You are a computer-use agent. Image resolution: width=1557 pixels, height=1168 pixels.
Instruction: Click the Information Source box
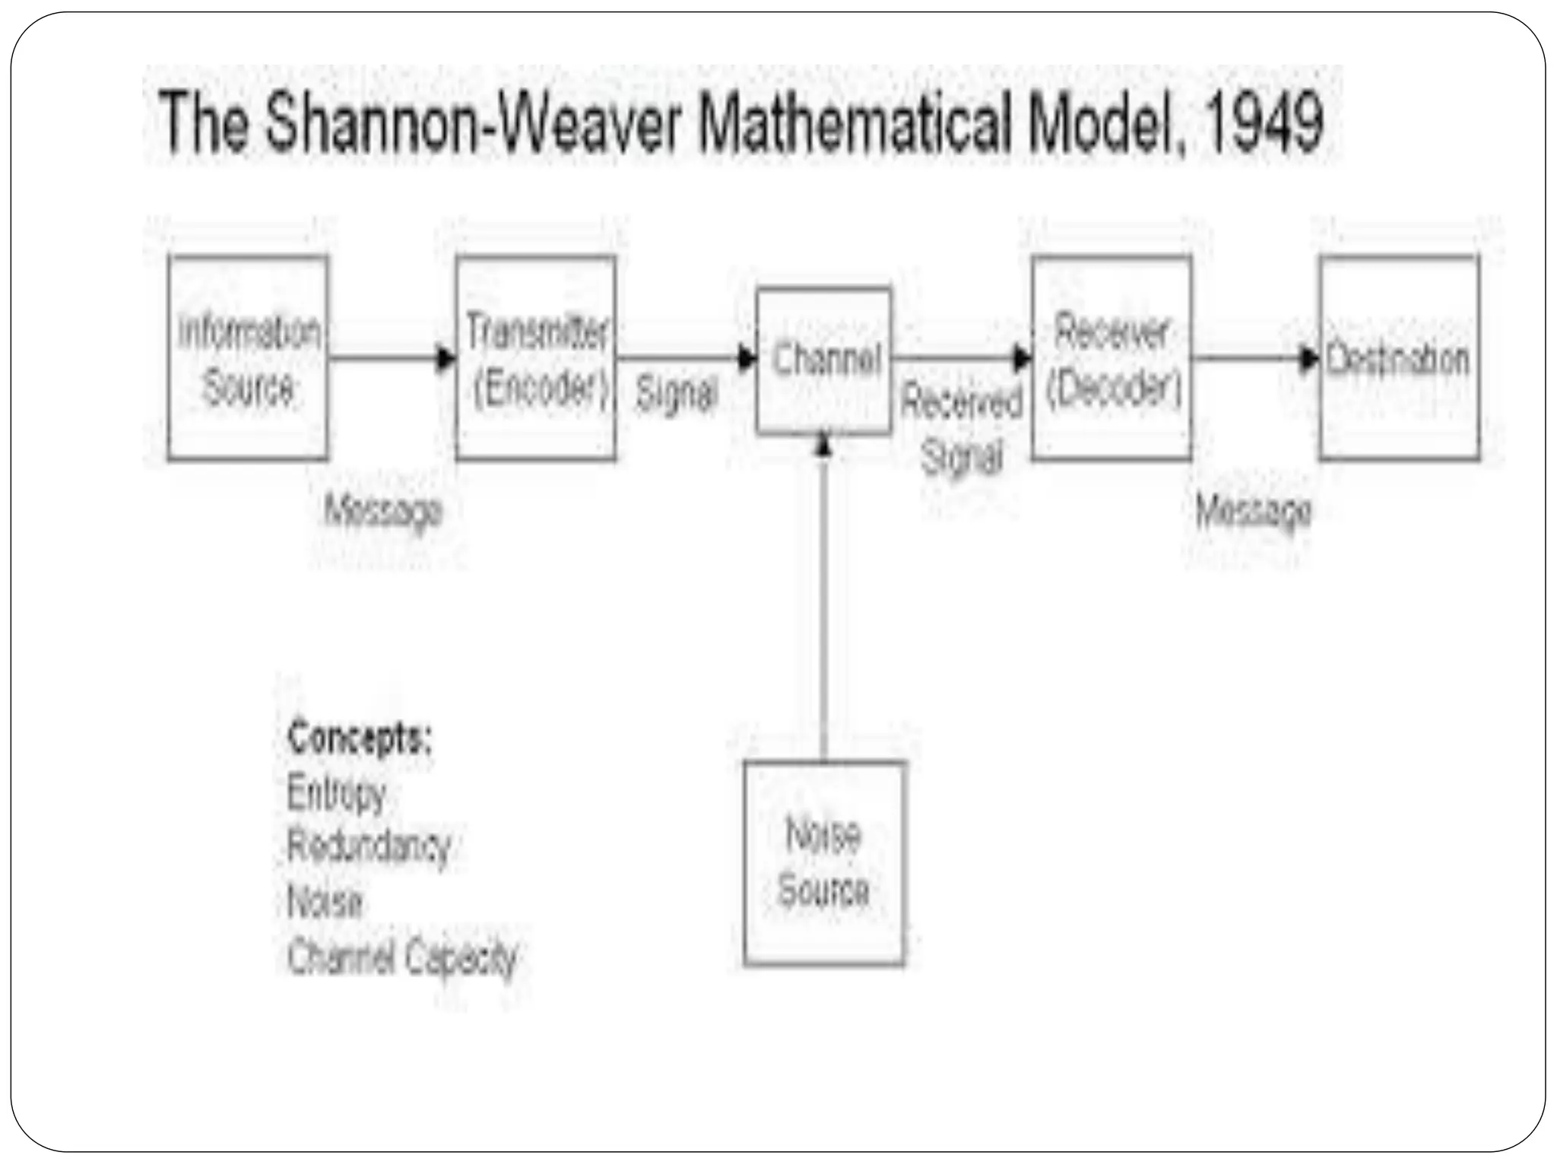248,358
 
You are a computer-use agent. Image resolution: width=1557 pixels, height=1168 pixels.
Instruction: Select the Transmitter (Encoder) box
536,358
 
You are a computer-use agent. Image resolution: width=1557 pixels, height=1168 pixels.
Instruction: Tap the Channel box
824,360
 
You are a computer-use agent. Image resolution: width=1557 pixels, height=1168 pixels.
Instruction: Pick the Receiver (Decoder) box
1111,358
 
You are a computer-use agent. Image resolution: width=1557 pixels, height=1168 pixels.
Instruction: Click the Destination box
1399,358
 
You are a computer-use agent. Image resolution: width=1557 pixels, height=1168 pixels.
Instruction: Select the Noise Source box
824,863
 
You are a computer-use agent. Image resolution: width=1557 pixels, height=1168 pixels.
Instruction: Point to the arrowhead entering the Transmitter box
446,358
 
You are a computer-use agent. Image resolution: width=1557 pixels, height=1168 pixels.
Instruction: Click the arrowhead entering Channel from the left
747,358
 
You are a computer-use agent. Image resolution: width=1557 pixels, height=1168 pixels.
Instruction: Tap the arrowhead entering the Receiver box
1023,358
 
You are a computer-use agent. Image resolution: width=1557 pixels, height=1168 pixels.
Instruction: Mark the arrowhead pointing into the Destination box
1309,358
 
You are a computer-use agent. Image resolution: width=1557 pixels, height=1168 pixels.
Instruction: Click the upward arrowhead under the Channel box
824,445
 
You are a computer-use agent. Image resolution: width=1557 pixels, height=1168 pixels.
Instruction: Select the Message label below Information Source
383,509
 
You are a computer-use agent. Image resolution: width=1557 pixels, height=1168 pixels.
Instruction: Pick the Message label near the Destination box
1253,509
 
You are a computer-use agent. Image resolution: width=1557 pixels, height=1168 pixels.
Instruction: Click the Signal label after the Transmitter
676,394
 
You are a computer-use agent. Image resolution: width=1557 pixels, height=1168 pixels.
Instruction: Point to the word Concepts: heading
360,737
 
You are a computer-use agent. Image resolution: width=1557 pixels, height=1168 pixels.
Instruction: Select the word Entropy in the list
337,793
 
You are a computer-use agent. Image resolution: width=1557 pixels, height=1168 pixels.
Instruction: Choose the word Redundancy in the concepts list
369,846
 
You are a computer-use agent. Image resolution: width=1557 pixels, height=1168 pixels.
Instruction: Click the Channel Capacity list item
402,957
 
